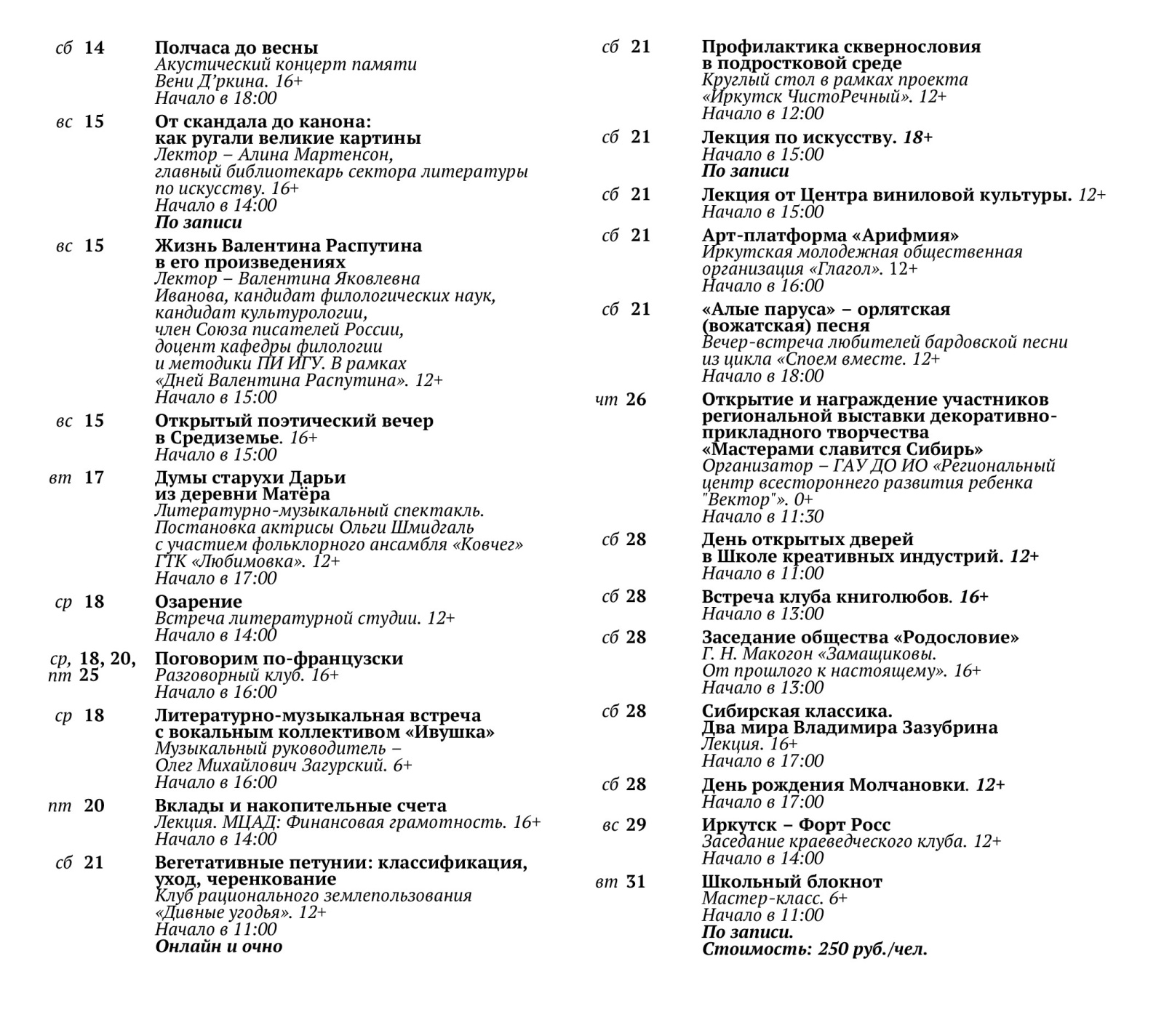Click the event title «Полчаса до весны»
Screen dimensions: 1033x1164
[x=236, y=48]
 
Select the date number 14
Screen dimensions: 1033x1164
[x=94, y=48]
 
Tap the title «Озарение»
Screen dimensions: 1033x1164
[x=198, y=602]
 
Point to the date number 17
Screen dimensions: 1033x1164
[x=94, y=478]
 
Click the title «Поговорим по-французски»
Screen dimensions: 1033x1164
[x=279, y=659]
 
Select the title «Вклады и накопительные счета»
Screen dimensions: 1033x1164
[x=300, y=805]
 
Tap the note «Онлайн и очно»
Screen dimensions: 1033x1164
[x=218, y=946]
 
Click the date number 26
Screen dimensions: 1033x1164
[x=636, y=400]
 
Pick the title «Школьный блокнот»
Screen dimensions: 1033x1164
[x=792, y=882]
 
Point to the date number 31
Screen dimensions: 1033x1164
[x=636, y=882]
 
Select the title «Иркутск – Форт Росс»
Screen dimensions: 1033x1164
[x=796, y=825]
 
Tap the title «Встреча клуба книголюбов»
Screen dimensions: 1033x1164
[x=826, y=597]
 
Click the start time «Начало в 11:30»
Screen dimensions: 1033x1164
[x=762, y=517]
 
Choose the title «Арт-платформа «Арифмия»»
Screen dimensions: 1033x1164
[x=830, y=236]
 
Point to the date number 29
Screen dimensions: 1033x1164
[x=636, y=825]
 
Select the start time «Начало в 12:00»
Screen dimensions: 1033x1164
[x=762, y=113]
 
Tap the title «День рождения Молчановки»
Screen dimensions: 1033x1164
[x=834, y=785]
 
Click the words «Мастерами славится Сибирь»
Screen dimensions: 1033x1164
[x=842, y=449]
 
